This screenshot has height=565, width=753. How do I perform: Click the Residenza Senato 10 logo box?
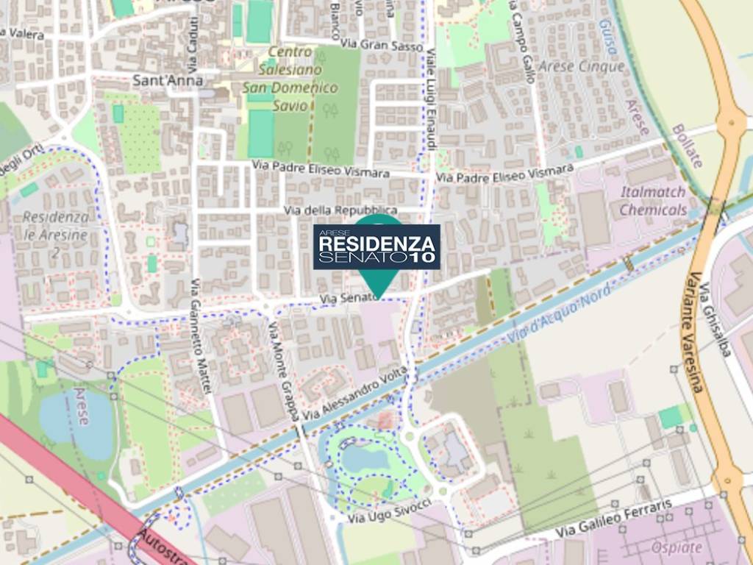(376, 246)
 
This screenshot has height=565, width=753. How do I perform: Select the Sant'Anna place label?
(168, 80)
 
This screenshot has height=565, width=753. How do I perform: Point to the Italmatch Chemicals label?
(652, 201)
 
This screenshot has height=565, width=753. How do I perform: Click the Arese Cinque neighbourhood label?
(582, 66)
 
